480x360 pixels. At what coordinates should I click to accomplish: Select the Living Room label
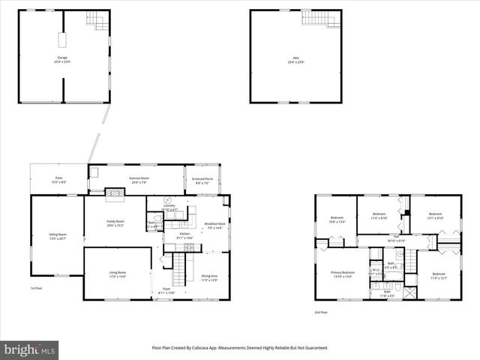click(x=118, y=274)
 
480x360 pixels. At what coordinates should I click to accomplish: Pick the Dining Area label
click(x=208, y=277)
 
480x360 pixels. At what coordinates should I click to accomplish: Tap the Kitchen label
click(x=184, y=235)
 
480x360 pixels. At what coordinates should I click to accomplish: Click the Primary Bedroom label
click(x=342, y=274)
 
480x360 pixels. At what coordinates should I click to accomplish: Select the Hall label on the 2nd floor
click(x=395, y=238)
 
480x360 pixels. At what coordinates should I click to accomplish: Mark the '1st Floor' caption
click(x=36, y=288)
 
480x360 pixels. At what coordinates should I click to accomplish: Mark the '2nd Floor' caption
click(x=322, y=312)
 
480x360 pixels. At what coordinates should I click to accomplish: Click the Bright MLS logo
click(x=30, y=349)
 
